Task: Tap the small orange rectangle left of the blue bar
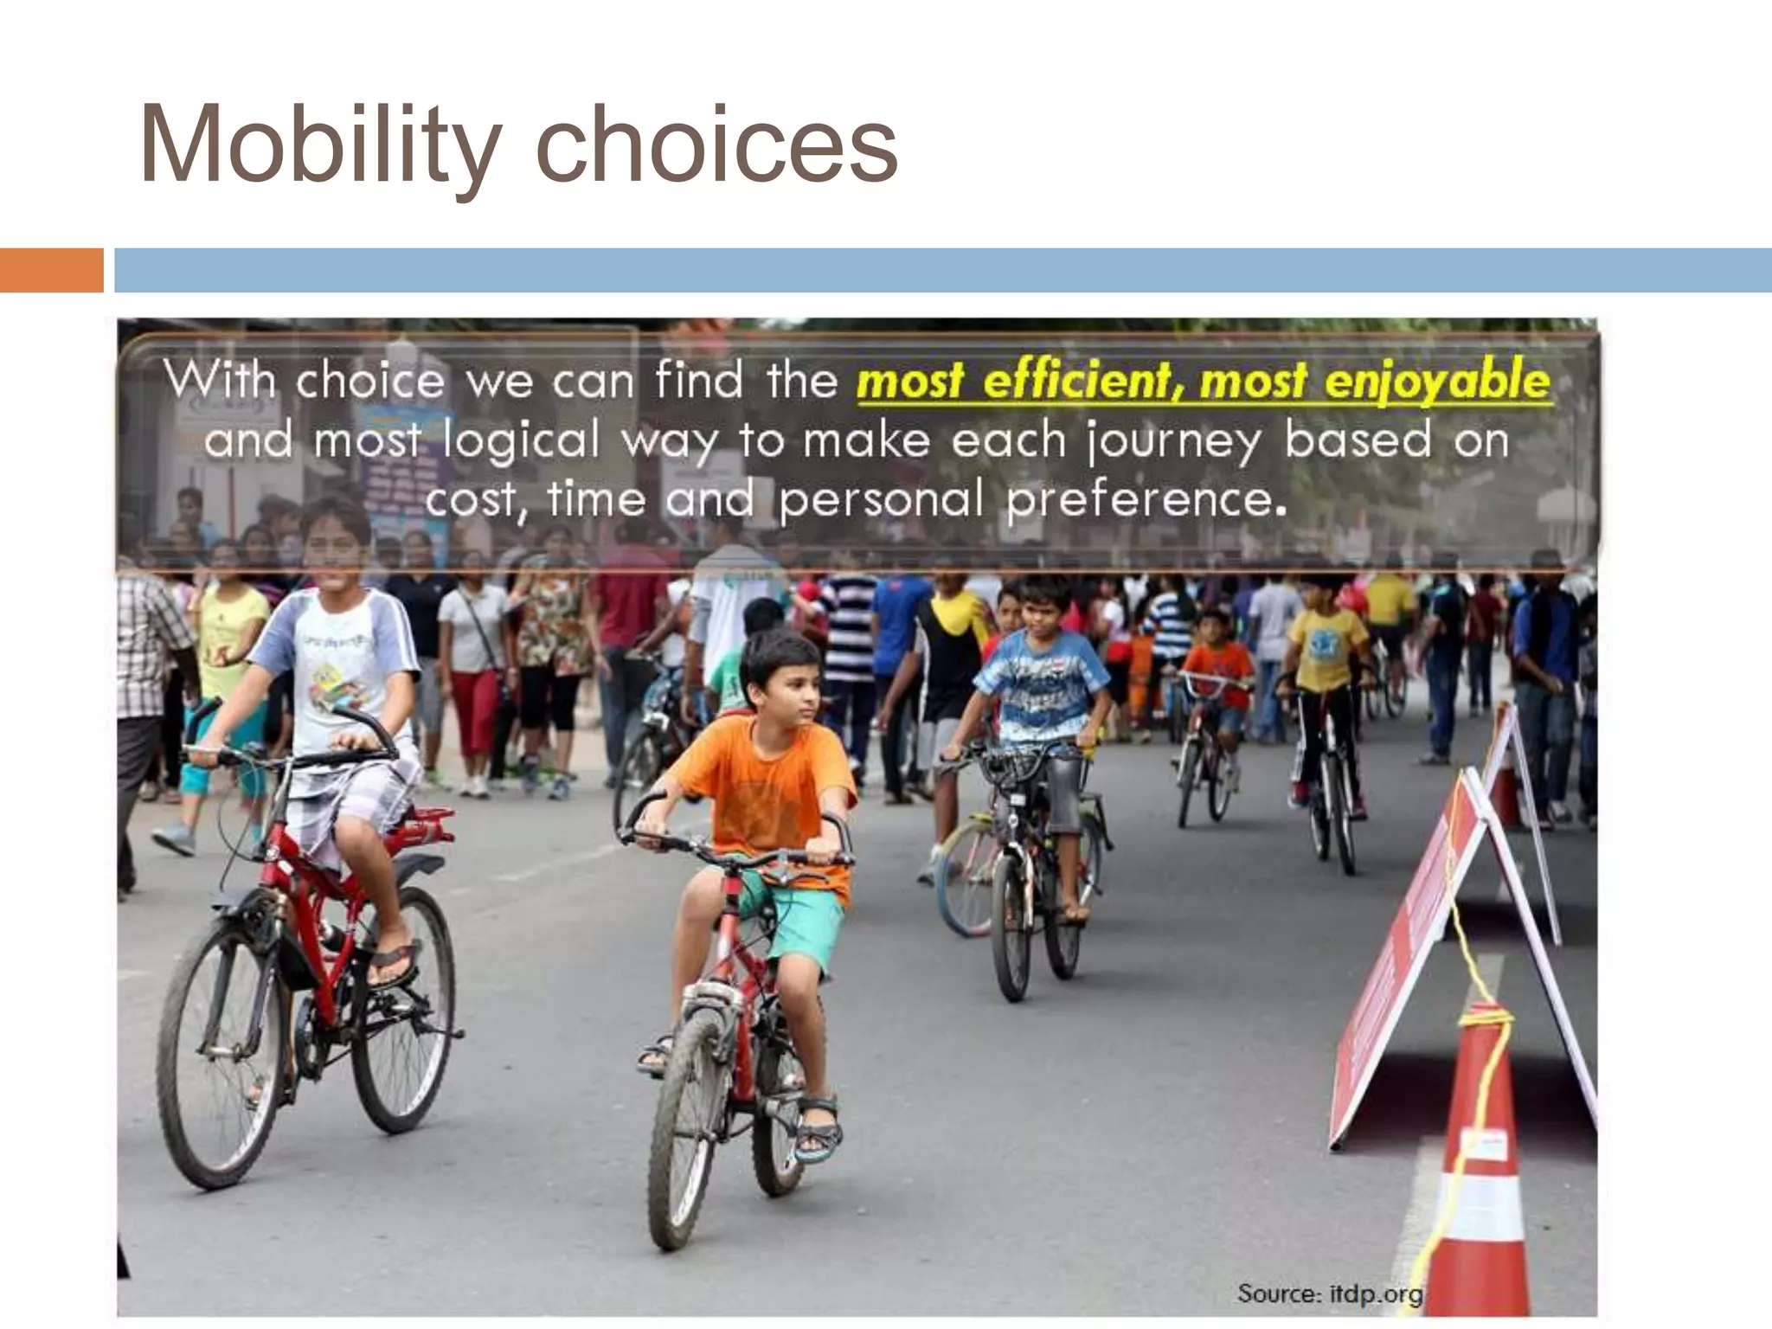(x=51, y=270)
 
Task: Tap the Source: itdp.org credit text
(x=1329, y=1294)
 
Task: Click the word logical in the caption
(x=521, y=441)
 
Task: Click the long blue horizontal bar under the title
(x=943, y=270)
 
